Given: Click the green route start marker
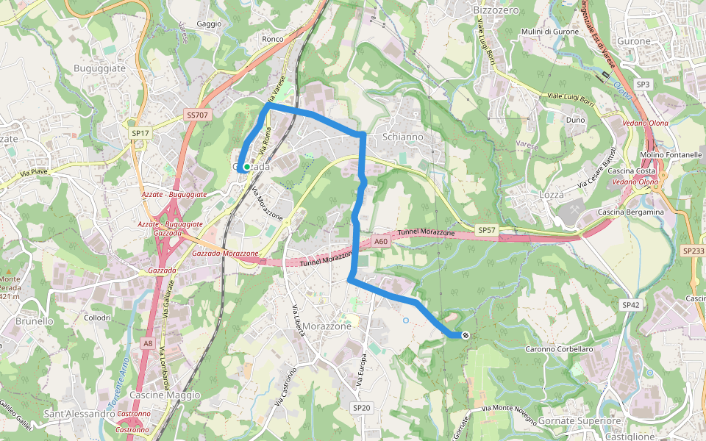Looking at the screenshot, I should pyautogui.click(x=247, y=167).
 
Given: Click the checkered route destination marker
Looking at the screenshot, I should pyautogui.click(x=466, y=335).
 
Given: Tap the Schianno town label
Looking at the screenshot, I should pyautogui.click(x=403, y=137).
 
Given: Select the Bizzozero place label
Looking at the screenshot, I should pyautogui.click(x=496, y=10).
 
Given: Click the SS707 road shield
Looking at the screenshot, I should pyautogui.click(x=198, y=115).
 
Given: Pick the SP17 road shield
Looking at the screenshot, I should pyautogui.click(x=140, y=133).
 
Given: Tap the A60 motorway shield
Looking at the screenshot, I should pyautogui.click(x=379, y=241).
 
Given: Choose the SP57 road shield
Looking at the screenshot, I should pyautogui.click(x=487, y=230).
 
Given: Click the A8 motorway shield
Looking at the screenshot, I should pyautogui.click(x=149, y=343).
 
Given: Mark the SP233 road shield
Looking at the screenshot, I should pyautogui.click(x=693, y=251).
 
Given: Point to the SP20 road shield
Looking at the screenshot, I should pyautogui.click(x=361, y=407).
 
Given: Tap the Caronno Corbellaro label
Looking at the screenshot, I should pyautogui.click(x=560, y=349).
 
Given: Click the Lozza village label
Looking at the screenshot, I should pyautogui.click(x=551, y=195).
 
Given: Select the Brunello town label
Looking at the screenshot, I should pyautogui.click(x=35, y=321).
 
